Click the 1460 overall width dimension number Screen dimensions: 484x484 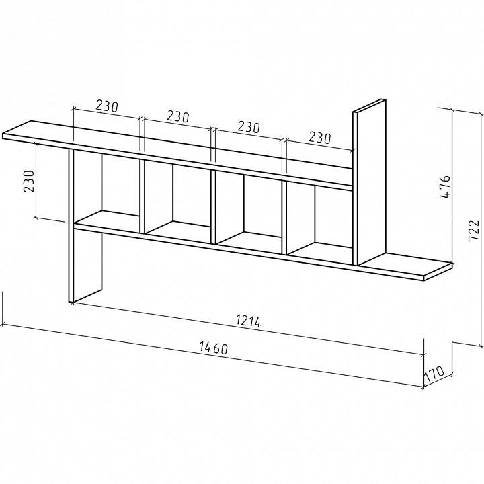coord(214,348)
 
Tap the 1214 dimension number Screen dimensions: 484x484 coord(249,321)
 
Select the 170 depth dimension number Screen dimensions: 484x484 coord(435,373)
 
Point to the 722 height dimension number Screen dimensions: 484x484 coord(473,231)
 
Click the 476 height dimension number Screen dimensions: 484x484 coord(444,187)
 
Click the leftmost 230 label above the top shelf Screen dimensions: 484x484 coord(107,106)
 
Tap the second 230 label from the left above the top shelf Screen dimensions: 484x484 coord(177,116)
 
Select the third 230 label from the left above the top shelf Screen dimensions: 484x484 coord(249,126)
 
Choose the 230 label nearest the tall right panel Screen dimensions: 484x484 coord(319,137)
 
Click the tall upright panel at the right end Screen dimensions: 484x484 coord(369,182)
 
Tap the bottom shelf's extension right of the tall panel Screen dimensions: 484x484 coord(405,266)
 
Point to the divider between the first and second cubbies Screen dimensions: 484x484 coord(143,196)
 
